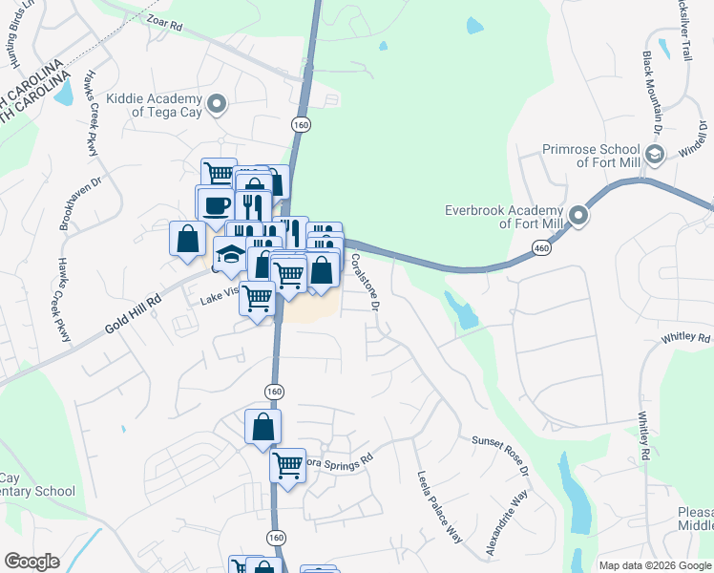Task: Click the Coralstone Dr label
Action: (365, 281)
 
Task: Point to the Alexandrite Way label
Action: (506, 524)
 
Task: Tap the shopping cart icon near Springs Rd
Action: (287, 466)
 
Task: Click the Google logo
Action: (31, 562)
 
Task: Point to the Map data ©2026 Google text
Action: (655, 565)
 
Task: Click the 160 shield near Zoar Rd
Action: (301, 125)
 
